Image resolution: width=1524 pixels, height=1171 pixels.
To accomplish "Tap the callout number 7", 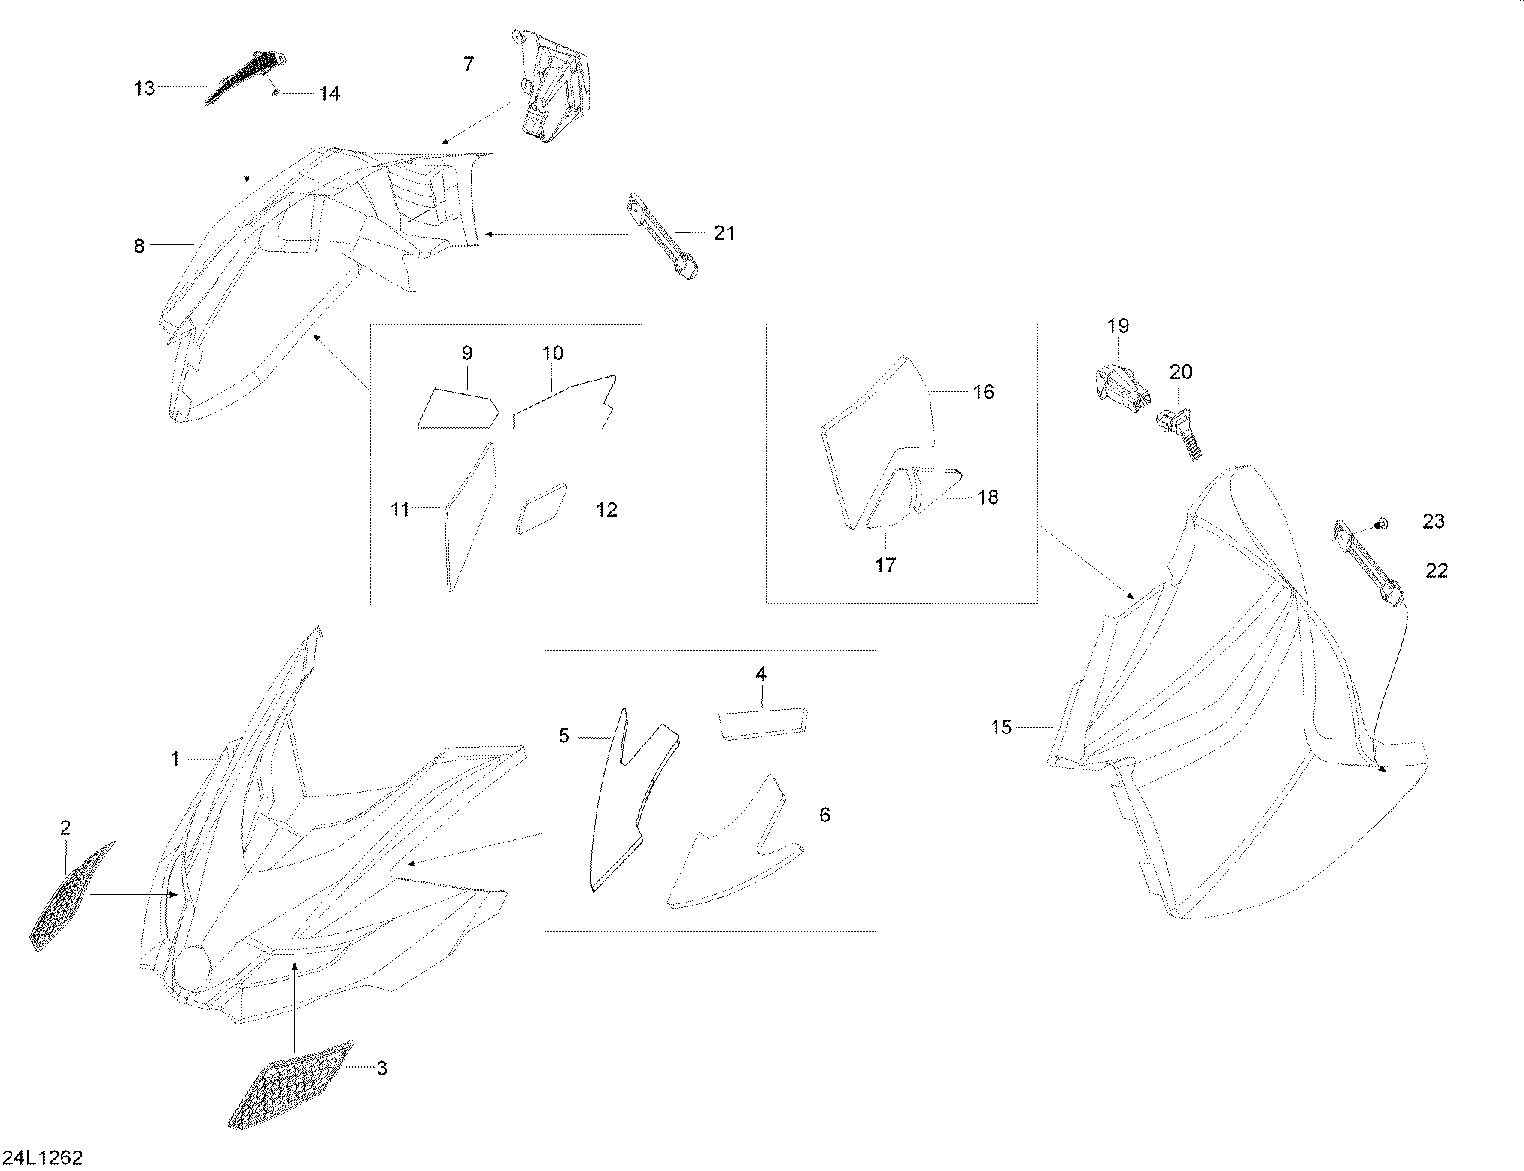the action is click(x=468, y=65).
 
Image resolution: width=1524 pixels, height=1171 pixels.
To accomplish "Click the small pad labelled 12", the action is click(x=540, y=507).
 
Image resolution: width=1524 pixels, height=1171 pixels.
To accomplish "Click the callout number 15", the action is click(x=1001, y=727).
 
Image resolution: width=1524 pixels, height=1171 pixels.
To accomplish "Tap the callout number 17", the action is click(x=885, y=565).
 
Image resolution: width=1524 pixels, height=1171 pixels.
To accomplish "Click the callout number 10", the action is click(x=552, y=353).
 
